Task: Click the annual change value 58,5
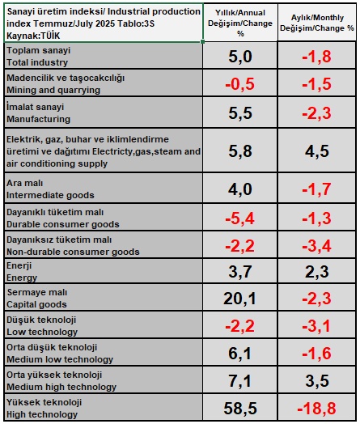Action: point(240,408)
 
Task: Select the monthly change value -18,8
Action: point(316,408)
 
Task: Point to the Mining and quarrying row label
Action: point(53,83)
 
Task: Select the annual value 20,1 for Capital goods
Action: point(240,299)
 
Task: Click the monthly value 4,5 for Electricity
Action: point(316,151)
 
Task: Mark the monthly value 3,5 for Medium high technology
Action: point(316,380)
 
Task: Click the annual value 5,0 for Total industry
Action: point(240,56)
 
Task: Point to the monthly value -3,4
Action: point(316,244)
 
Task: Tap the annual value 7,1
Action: point(240,380)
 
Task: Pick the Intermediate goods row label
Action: point(50,189)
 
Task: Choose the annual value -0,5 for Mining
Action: point(240,83)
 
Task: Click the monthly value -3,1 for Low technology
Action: point(316,326)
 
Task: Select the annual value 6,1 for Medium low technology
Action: point(240,353)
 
